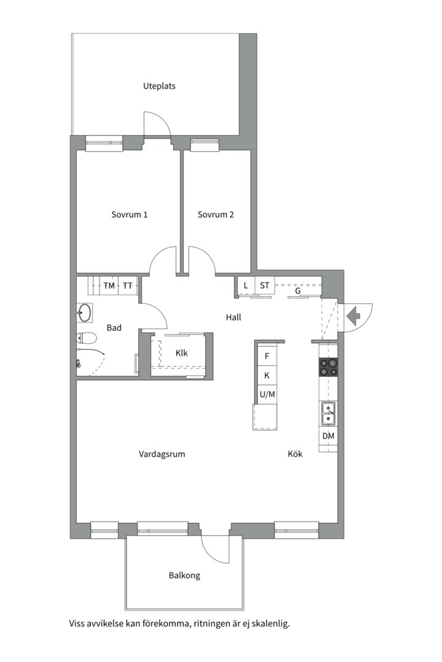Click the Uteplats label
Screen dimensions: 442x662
coord(159,86)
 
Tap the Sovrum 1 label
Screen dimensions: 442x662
coord(130,215)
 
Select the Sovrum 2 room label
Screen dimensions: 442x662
coord(215,215)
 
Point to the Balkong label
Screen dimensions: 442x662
coord(184,576)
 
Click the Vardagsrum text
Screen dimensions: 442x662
coord(162,454)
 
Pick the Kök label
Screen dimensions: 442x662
coord(295,454)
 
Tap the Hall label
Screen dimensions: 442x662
coord(233,317)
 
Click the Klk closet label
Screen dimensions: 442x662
coord(182,353)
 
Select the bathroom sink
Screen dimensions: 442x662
coord(85,313)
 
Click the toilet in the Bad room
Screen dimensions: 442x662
coord(87,338)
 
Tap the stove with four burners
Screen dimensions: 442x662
coord(328,367)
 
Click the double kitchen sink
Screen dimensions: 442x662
coord(328,413)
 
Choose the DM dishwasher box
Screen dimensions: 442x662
coord(328,436)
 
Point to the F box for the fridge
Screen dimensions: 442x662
coord(267,356)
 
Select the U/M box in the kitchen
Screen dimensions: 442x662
coord(267,395)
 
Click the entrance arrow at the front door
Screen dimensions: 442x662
coord(353,316)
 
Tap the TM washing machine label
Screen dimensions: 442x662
coord(109,286)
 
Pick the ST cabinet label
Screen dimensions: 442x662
coord(265,286)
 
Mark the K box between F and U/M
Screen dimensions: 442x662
coord(267,375)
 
